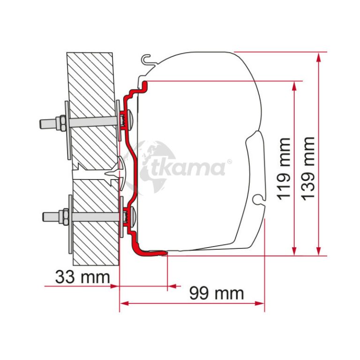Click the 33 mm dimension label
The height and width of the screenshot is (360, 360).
click(82, 277)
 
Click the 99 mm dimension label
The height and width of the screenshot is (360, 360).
click(217, 293)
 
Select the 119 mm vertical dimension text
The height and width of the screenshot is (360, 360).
click(284, 169)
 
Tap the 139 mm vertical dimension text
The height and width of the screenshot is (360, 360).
click(308, 169)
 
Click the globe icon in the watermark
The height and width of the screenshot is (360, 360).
click(149, 165)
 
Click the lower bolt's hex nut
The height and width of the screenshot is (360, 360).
click(64, 217)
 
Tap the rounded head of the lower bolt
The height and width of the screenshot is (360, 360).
click(133, 216)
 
